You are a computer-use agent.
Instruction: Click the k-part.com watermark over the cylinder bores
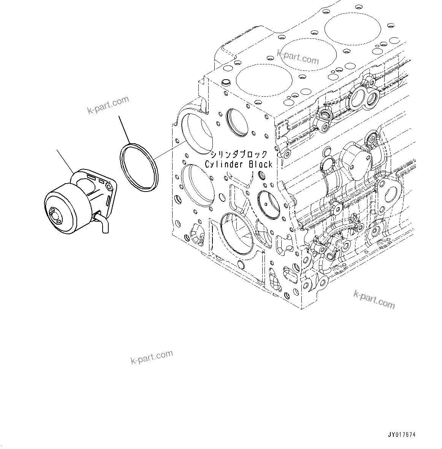pyautogui.click(x=298, y=57)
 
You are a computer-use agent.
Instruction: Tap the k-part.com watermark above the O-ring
pyautogui.click(x=108, y=105)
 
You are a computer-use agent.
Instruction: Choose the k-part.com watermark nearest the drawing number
pyautogui.click(x=374, y=299)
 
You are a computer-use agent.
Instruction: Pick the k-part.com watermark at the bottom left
pyautogui.click(x=151, y=357)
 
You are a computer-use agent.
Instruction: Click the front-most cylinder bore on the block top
pyautogui.click(x=264, y=80)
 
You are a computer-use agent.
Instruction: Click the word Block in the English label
pyautogui.click(x=261, y=165)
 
